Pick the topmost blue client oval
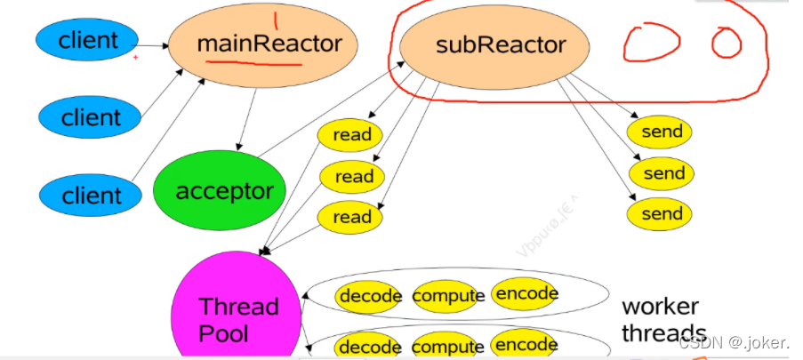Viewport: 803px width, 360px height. point(87,40)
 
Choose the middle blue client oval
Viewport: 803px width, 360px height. point(91,116)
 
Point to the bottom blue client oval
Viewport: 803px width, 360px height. point(91,195)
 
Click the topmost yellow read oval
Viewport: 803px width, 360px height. point(350,136)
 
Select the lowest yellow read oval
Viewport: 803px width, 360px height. point(350,217)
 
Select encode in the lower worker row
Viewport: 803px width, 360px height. point(526,345)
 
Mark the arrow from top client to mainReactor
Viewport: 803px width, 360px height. point(154,44)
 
